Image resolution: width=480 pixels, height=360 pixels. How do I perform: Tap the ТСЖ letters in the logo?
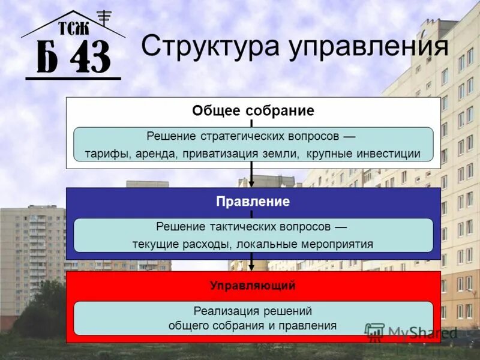(x=73, y=28)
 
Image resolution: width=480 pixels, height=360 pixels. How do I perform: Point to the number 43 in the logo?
(x=91, y=58)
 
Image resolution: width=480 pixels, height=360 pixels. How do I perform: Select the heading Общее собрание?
(x=253, y=111)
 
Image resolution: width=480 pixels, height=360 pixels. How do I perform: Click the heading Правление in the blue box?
(x=253, y=202)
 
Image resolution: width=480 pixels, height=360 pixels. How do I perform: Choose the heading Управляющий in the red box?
(x=253, y=286)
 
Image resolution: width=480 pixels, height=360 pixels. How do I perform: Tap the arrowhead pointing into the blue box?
(x=252, y=183)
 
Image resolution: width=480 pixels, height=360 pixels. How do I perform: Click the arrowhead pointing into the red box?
(x=252, y=266)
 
